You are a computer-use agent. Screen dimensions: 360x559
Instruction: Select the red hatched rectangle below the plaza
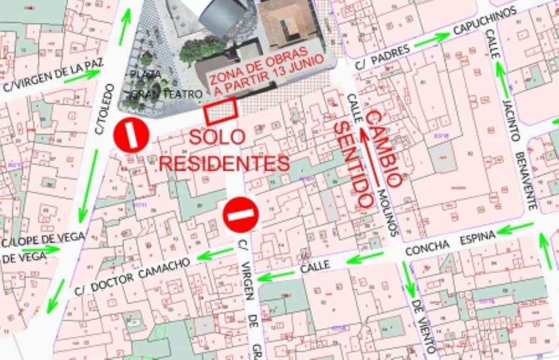tap(221, 112)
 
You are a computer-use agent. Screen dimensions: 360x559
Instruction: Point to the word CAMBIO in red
tap(385, 148)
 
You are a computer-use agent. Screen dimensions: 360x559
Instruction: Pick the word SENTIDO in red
tap(355, 164)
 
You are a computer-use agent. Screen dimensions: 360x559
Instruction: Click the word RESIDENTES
tap(225, 163)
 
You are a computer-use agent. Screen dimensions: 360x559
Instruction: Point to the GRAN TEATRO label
tap(168, 94)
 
